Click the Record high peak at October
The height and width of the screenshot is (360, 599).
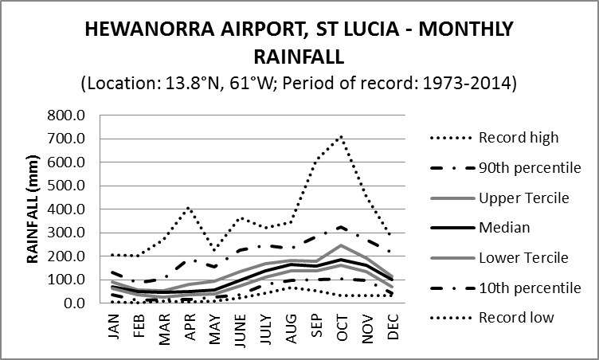pos(342,136)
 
